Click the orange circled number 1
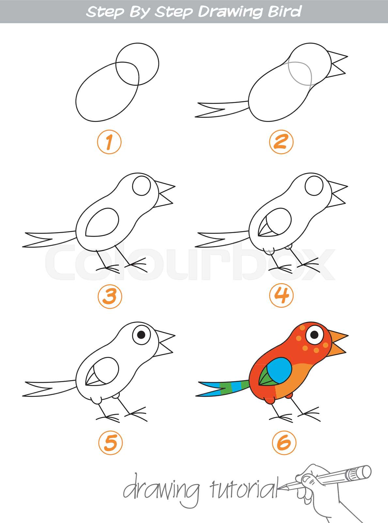109,142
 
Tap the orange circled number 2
281,142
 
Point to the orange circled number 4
281,295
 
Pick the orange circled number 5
110,443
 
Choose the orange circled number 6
284,443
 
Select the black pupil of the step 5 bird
142,334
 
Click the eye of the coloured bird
314,334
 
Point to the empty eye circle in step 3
142,186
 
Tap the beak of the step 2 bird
338,63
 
